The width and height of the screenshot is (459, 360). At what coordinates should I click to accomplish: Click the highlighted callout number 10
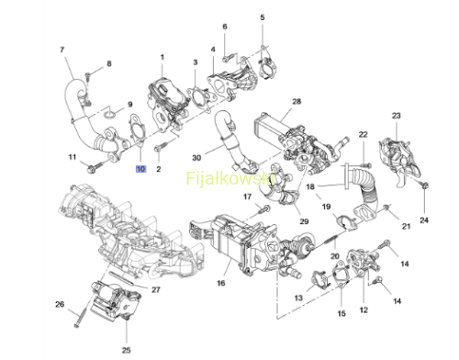tap(140, 169)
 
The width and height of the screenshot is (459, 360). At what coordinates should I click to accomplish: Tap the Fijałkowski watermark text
tap(230, 178)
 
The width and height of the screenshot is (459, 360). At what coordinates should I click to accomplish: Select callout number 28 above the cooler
tap(297, 101)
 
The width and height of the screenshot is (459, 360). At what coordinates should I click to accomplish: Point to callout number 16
tap(221, 283)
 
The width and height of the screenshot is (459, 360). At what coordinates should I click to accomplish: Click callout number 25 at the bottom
tap(127, 350)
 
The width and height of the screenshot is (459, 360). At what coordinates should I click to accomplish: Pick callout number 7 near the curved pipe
tap(62, 50)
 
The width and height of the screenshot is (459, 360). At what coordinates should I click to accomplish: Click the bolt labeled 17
tap(263, 209)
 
